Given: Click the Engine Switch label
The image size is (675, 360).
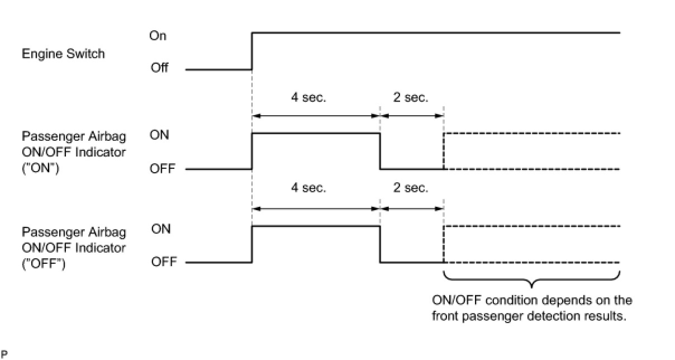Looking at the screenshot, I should [x=63, y=54].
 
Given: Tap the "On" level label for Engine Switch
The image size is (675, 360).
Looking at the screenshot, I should [x=158, y=36].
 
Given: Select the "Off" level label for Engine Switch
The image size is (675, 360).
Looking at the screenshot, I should [x=159, y=69].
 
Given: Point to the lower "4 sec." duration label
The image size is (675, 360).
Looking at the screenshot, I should [x=308, y=188].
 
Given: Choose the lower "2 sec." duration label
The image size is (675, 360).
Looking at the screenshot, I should [x=411, y=188].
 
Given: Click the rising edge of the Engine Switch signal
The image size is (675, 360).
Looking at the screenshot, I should [x=253, y=51].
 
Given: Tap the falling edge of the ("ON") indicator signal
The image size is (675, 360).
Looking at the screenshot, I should [x=380, y=151].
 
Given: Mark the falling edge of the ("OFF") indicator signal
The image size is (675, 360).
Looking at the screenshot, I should [x=380, y=244].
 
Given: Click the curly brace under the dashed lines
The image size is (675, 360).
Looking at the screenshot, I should [x=531, y=278].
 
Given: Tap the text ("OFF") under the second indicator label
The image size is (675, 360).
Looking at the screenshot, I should [x=44, y=262].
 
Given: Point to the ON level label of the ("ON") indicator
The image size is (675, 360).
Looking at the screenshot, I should [x=160, y=135].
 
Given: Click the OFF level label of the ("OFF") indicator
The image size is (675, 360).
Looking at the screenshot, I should [x=163, y=262].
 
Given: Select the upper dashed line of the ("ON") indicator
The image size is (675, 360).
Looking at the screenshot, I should [x=531, y=134].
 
